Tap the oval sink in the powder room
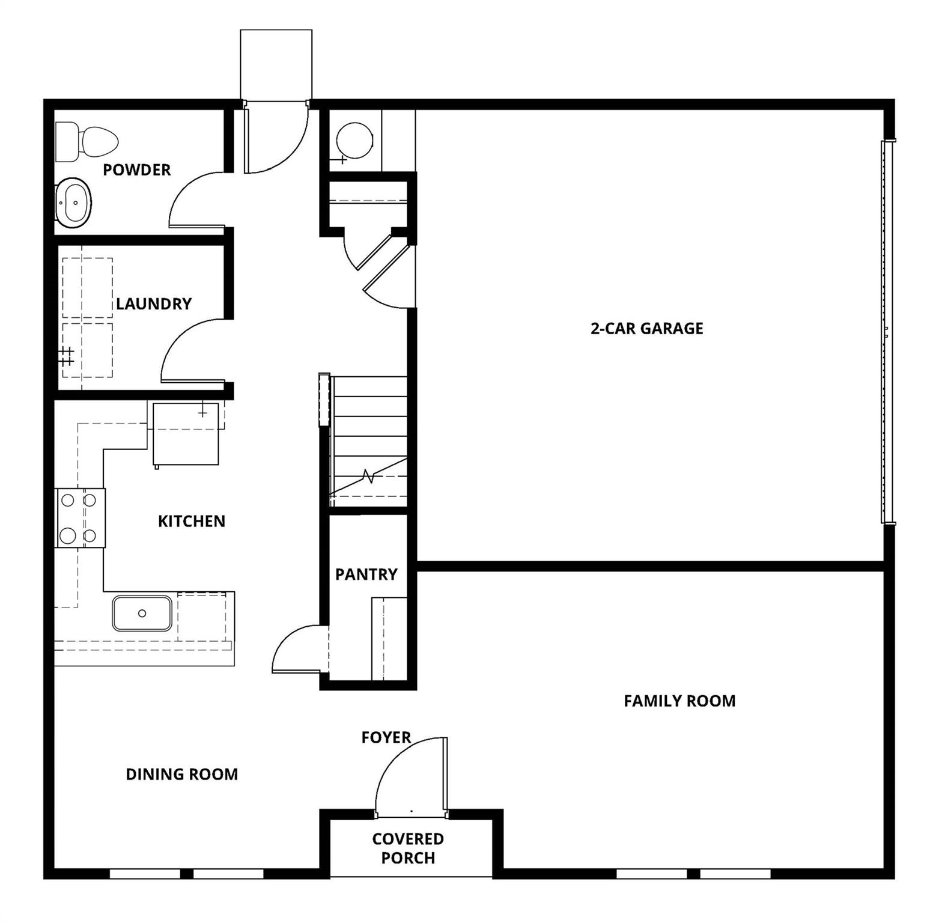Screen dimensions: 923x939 [x=74, y=203]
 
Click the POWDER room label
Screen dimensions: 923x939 [x=137, y=170]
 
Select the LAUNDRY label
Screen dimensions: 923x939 [x=154, y=304]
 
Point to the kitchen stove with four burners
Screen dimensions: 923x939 [x=80, y=518]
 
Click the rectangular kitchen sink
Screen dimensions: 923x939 [x=142, y=613]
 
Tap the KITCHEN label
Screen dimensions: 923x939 [x=192, y=522]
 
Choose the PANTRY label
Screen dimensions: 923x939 [x=366, y=575]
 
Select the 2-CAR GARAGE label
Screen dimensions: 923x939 [x=647, y=329]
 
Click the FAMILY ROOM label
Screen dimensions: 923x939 [x=679, y=701]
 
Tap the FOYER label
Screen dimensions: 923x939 [x=386, y=738]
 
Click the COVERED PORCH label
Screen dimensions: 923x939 [x=408, y=848]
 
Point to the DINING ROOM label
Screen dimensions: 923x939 [x=181, y=775]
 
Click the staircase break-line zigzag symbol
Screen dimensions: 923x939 [x=368, y=477]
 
